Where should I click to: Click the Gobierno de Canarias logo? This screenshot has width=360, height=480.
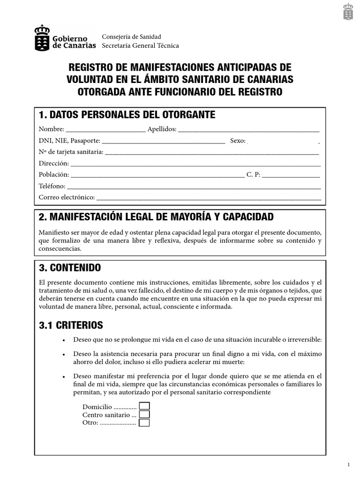[x=65, y=38]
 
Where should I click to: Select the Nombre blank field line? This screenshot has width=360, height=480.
[x=105, y=130]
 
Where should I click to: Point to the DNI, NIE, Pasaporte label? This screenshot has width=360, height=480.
[x=69, y=141]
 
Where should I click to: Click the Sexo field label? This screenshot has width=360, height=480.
[x=238, y=141]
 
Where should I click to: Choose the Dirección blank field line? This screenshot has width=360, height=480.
[x=195, y=164]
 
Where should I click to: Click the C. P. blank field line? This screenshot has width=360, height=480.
[x=291, y=175]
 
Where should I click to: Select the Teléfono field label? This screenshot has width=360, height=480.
[x=52, y=186]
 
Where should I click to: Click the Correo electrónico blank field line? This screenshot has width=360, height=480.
[x=209, y=198]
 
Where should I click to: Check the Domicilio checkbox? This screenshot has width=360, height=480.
[x=144, y=406]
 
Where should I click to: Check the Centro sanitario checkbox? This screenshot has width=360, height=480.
[x=144, y=414]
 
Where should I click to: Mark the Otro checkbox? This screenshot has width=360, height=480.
[x=144, y=423]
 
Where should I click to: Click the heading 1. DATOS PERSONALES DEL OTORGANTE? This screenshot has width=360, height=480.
[x=127, y=115]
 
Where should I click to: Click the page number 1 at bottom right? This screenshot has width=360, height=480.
[x=349, y=465]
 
